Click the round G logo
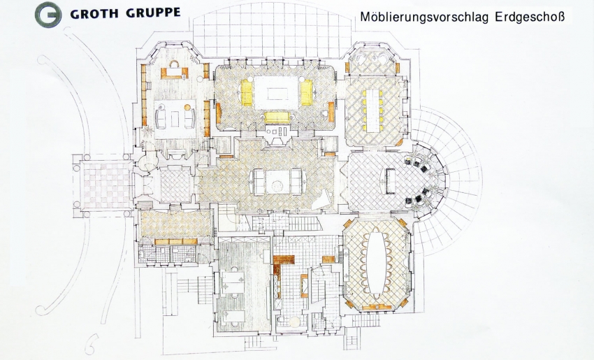pyautogui.click(x=48, y=15)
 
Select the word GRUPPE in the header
pyautogui.click(x=152, y=13)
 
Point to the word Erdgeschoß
pyautogui.click(x=530, y=17)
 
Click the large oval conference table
pyautogui.click(x=376, y=264)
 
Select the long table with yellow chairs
pyautogui.click(x=372, y=110)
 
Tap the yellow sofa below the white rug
pyautogui.click(x=277, y=117)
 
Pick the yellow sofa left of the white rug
pyautogui.click(x=247, y=93)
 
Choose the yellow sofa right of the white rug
pyautogui.click(x=307, y=93)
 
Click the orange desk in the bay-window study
pyautogui.click(x=175, y=73)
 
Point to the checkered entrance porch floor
pyautogui.click(x=106, y=185)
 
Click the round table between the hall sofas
pyautogui.click(x=278, y=186)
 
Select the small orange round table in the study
pyautogui.click(x=187, y=107)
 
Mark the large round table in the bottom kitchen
pyautogui.click(x=294, y=322)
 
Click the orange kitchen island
pyautogui.click(x=304, y=285)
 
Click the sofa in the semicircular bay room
pyautogui.click(x=391, y=181)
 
